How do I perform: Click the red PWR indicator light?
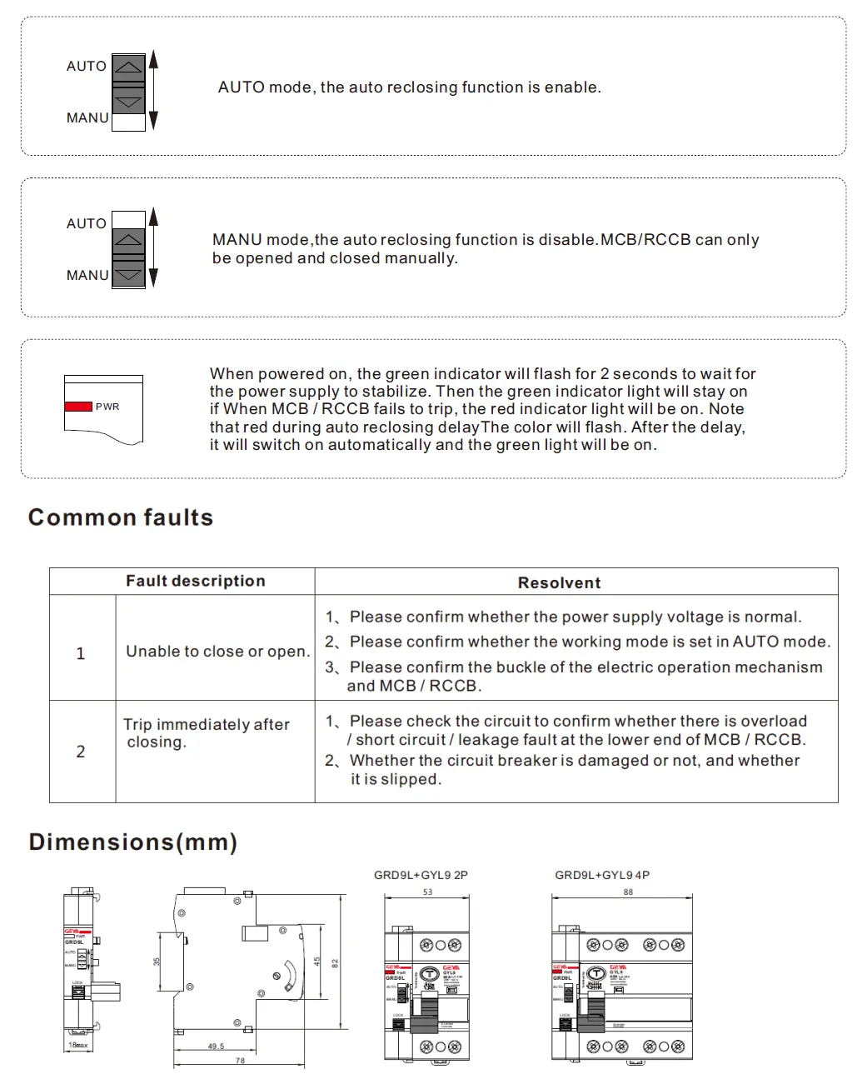tap(78, 407)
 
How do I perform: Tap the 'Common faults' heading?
tap(121, 517)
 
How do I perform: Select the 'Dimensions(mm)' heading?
tap(133, 842)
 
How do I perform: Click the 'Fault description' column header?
tap(195, 581)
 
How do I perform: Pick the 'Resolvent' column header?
tap(559, 582)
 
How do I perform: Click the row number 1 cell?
tap(81, 653)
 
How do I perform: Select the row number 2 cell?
tap(81, 752)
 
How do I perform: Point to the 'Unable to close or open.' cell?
tap(217, 652)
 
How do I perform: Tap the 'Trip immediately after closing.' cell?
tap(206, 733)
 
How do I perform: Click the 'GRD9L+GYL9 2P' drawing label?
tap(421, 875)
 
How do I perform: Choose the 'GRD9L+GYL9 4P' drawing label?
tap(602, 875)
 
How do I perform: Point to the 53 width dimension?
tap(427, 892)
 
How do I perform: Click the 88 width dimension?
tap(628, 892)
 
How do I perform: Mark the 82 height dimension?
tap(335, 963)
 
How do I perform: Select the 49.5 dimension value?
tap(216, 1047)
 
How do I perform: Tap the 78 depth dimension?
tap(240, 1061)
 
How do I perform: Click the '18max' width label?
tap(78, 1045)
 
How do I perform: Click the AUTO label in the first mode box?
tap(87, 66)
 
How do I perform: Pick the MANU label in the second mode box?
tap(87, 275)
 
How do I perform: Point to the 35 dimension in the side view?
tap(157, 962)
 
